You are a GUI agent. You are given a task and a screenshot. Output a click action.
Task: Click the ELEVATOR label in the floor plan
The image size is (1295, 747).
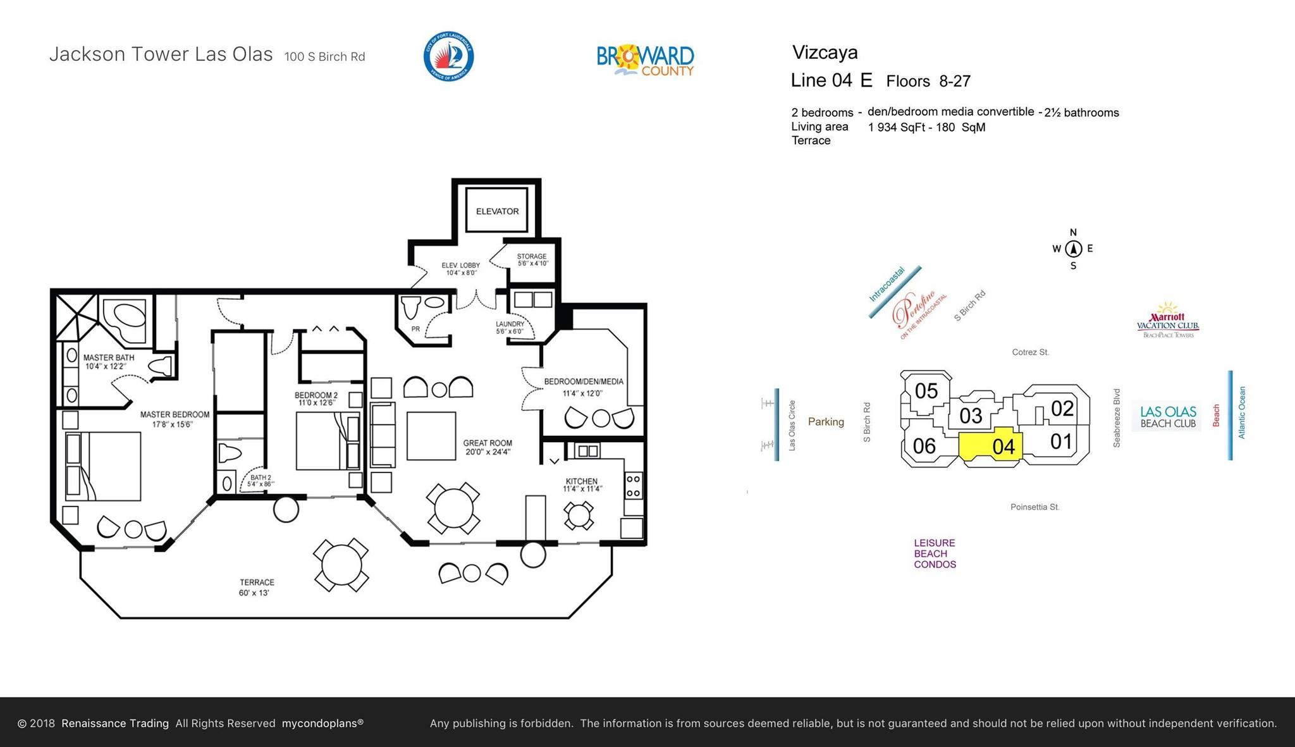coord(497,211)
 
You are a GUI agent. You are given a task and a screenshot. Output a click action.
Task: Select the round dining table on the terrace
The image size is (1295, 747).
coord(341,565)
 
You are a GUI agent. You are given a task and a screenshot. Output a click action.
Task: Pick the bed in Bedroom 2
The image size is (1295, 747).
coord(328,441)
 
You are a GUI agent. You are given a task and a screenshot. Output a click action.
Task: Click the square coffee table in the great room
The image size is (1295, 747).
coord(431,436)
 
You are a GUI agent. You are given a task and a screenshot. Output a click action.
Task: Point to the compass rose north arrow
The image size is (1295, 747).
coord(1073,249)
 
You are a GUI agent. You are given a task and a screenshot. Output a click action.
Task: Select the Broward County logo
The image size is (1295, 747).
coord(646,61)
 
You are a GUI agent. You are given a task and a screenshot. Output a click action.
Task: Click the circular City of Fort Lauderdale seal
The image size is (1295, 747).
coord(448,56)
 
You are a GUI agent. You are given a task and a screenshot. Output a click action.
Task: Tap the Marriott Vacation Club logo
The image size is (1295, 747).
coord(1168,320)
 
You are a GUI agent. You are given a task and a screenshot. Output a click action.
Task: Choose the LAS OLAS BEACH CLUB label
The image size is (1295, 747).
coord(1168,417)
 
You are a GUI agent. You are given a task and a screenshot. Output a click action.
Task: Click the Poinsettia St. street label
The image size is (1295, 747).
coord(1034,507)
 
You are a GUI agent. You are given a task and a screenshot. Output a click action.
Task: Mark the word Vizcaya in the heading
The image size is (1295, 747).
coord(825,52)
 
